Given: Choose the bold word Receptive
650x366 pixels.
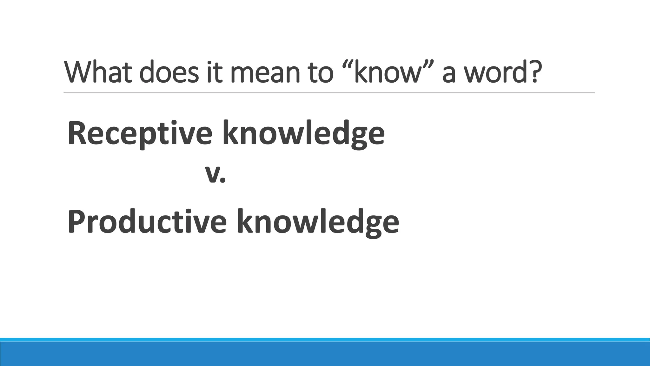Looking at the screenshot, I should click(140, 133).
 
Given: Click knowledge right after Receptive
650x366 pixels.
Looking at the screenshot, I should click(303, 133).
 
